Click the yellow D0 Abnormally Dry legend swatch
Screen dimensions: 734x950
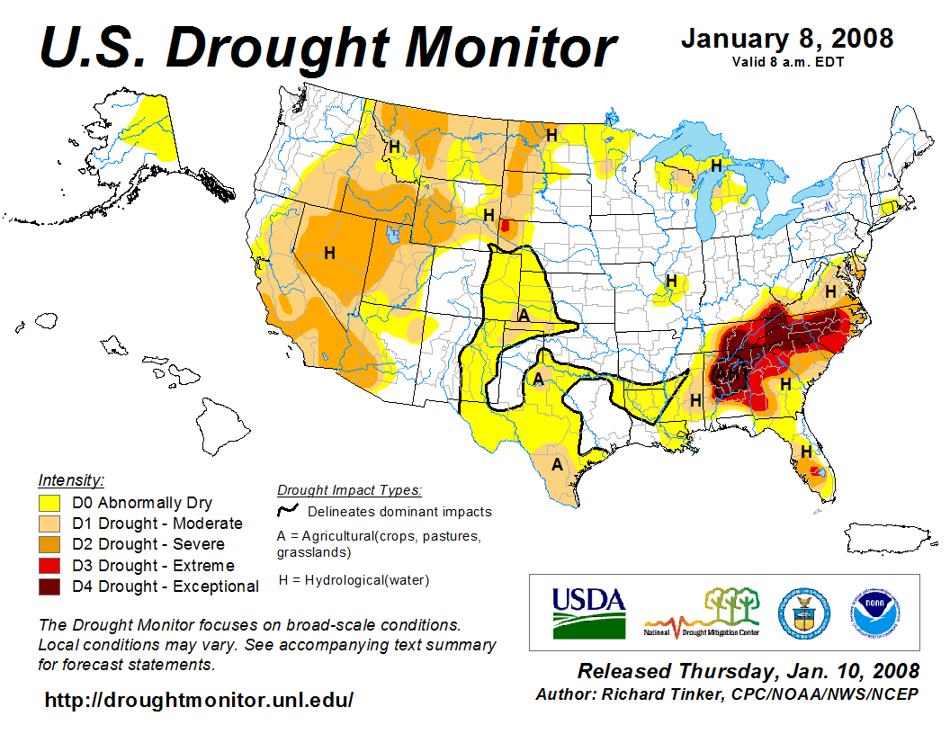click(49, 503)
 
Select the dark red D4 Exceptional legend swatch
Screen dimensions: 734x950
click(49, 586)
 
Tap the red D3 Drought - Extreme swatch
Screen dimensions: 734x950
click(49, 566)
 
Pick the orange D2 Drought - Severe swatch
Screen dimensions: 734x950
click(49, 544)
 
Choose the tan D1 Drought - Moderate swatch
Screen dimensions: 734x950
click(49, 524)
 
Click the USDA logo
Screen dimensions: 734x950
click(588, 613)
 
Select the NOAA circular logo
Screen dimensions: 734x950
click(873, 613)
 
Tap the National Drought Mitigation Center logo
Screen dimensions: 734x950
click(703, 613)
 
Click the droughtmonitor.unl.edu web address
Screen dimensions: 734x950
click(199, 700)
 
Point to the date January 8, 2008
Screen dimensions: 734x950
click(787, 39)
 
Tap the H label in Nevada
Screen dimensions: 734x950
click(330, 253)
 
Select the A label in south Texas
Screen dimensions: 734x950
click(557, 465)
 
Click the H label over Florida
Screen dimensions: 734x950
click(807, 451)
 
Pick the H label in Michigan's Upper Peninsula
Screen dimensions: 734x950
click(716, 166)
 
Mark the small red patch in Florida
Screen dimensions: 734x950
click(816, 471)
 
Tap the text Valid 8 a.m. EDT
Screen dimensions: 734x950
click(787, 62)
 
